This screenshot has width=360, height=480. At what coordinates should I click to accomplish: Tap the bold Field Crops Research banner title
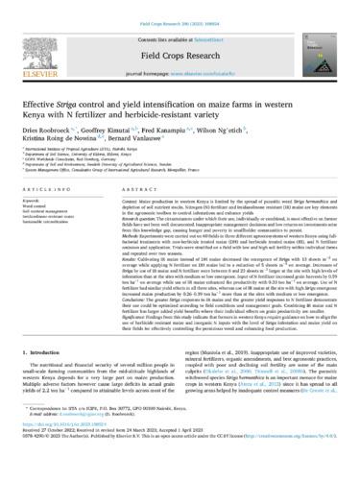point(180,50)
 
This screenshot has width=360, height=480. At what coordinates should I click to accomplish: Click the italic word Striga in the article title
point(87,103)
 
